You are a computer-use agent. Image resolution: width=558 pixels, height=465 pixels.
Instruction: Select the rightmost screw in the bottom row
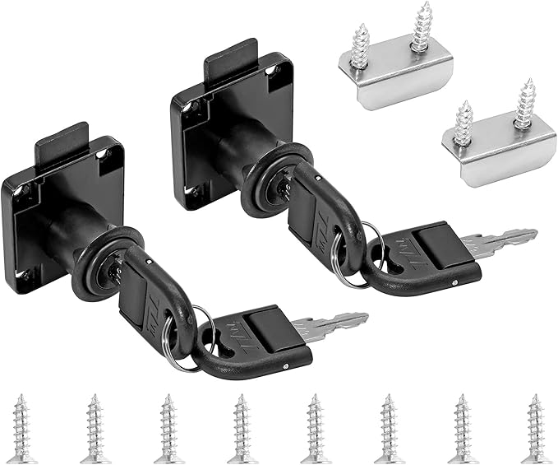pyautogui.click(x=533, y=427)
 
